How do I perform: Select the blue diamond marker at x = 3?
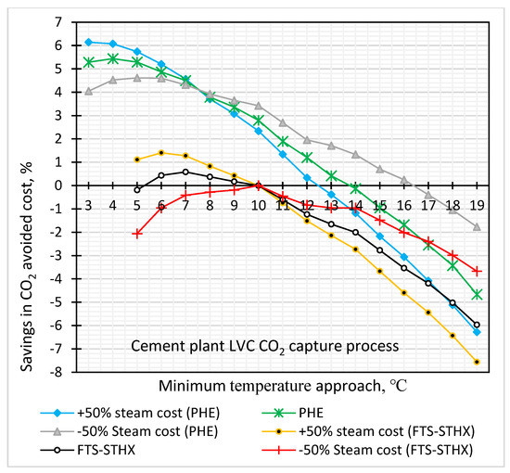tap(88, 42)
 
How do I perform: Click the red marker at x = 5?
tap(137, 234)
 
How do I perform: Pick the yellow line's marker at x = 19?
tap(477, 363)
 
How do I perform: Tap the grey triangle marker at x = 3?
tap(88, 91)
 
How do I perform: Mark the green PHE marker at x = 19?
tap(477, 295)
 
